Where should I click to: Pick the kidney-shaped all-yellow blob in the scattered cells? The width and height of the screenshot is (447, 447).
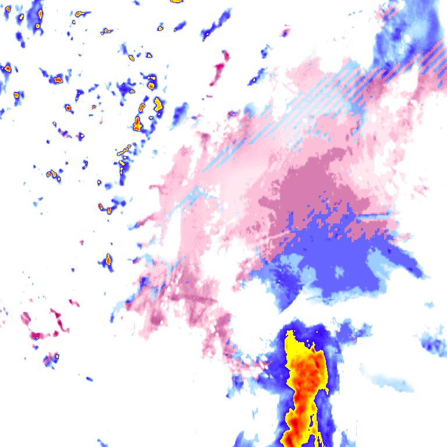158,104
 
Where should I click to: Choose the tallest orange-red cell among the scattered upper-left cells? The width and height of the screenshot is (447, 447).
138,123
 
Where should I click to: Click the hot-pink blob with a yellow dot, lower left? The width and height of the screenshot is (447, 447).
37,335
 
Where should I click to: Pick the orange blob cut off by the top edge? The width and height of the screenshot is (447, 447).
176,1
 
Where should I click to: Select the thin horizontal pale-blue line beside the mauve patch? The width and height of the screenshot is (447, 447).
372,215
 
